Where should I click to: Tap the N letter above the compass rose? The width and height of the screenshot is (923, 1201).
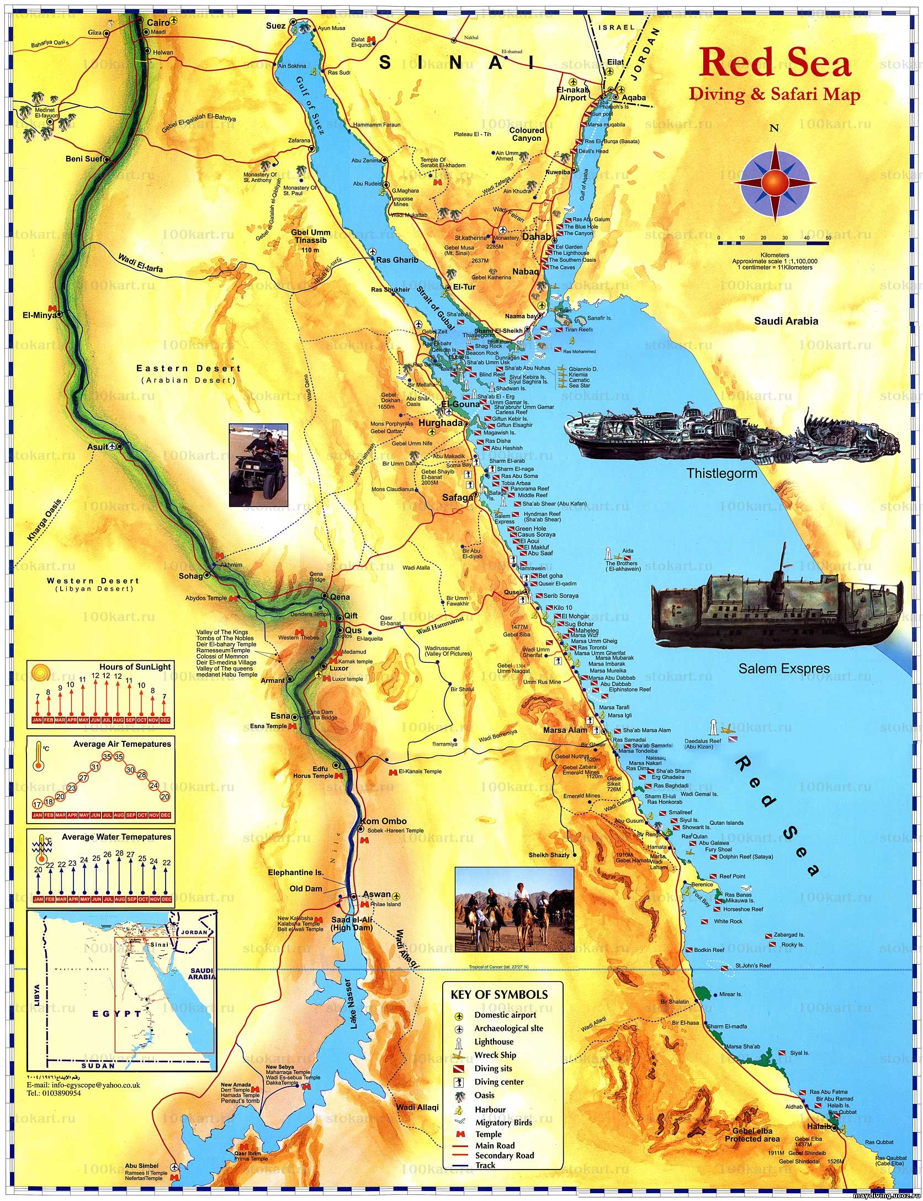click(x=775, y=129)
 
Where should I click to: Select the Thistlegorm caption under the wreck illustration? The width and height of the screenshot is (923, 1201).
click(x=722, y=473)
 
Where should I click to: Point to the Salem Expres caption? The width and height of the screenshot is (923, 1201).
click(x=784, y=668)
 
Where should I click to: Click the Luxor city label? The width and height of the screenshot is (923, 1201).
click(x=339, y=668)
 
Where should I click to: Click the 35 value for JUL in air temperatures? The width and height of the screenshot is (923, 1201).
click(x=119, y=757)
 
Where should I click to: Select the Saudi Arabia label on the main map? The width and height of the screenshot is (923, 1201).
click(x=786, y=321)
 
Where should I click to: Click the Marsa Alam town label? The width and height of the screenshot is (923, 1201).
click(x=564, y=730)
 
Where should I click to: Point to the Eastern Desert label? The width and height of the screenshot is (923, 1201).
click(x=189, y=368)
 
